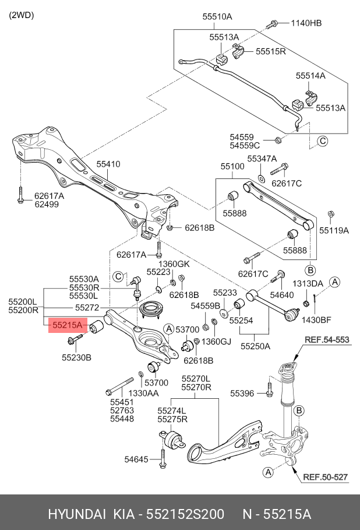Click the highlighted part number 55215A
[x=68, y=325]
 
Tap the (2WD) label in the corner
[x=22, y=15]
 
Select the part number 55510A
[x=217, y=16]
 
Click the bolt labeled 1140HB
[x=271, y=24]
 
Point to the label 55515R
[x=270, y=51]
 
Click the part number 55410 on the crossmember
[x=108, y=164]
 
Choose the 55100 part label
[x=232, y=166]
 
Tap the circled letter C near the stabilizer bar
[x=323, y=141]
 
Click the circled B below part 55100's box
[x=310, y=270]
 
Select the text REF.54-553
[x=327, y=340]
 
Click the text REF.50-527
[x=325, y=478]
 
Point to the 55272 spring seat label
[x=87, y=308]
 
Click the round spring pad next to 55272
[x=152, y=309]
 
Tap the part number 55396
[x=242, y=393]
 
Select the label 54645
[x=136, y=459]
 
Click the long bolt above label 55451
[x=119, y=386]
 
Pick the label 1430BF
[x=316, y=320]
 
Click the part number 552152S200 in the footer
[x=185, y=514]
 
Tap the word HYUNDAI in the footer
[x=77, y=514]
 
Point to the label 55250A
[x=255, y=346]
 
